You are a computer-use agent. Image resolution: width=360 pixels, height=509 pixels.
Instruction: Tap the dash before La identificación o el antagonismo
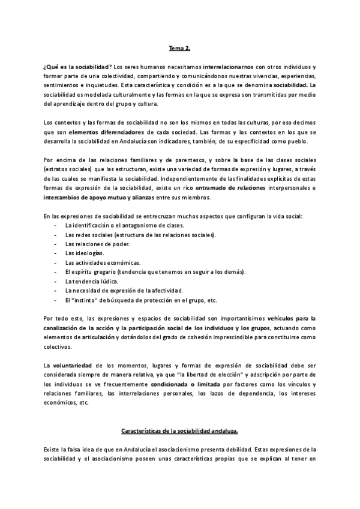pos(56,226)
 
